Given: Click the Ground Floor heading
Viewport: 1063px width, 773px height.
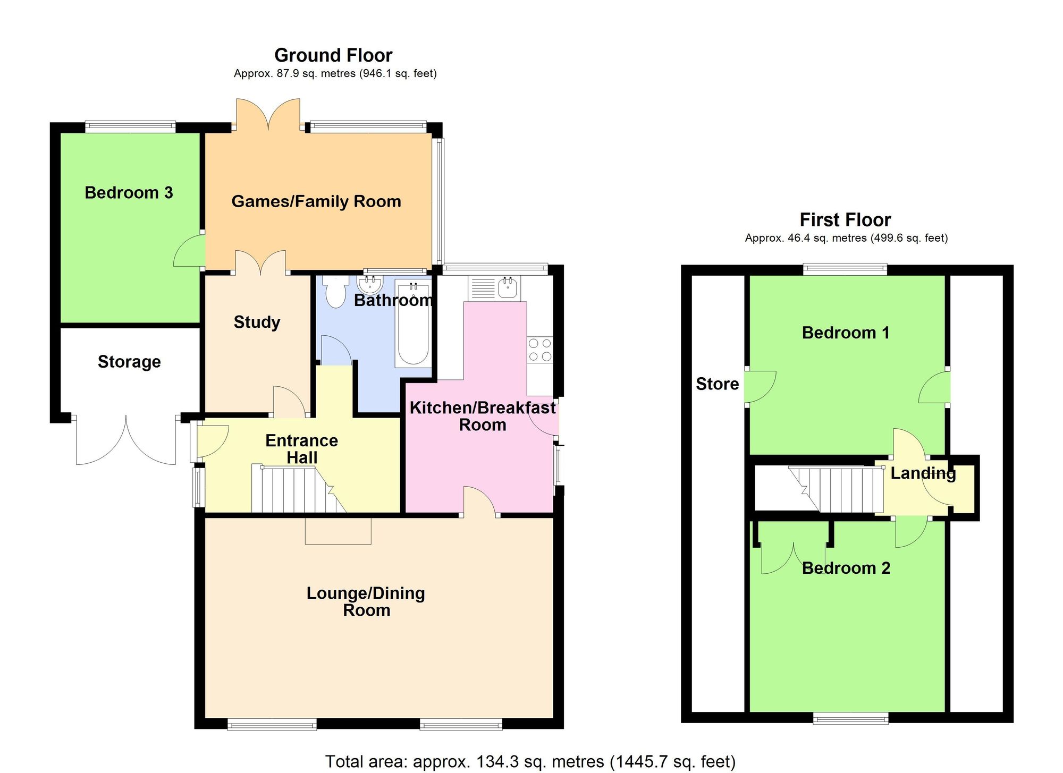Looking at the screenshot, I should point(333,55).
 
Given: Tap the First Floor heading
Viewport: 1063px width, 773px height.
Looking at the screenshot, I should point(845,220).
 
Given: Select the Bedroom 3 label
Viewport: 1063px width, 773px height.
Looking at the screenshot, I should point(129,192).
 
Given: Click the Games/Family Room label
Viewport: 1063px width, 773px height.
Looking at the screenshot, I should point(316,201).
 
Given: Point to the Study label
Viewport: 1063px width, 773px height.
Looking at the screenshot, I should point(257,322).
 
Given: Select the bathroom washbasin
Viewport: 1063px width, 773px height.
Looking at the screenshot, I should point(370,284).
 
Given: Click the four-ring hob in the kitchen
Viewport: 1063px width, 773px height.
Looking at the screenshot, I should point(540,350).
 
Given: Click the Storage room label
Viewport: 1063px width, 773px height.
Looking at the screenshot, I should point(129,362).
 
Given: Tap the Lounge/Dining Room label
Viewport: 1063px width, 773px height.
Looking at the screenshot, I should point(366,601).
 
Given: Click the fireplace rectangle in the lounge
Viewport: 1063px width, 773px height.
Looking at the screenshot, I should point(338,531).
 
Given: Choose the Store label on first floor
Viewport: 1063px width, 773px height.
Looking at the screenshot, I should point(717,384).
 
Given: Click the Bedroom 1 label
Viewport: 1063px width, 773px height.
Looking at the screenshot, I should point(845,333).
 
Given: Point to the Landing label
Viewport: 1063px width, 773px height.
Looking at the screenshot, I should point(923,473).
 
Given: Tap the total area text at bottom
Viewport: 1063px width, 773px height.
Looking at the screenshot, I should point(530,761).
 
